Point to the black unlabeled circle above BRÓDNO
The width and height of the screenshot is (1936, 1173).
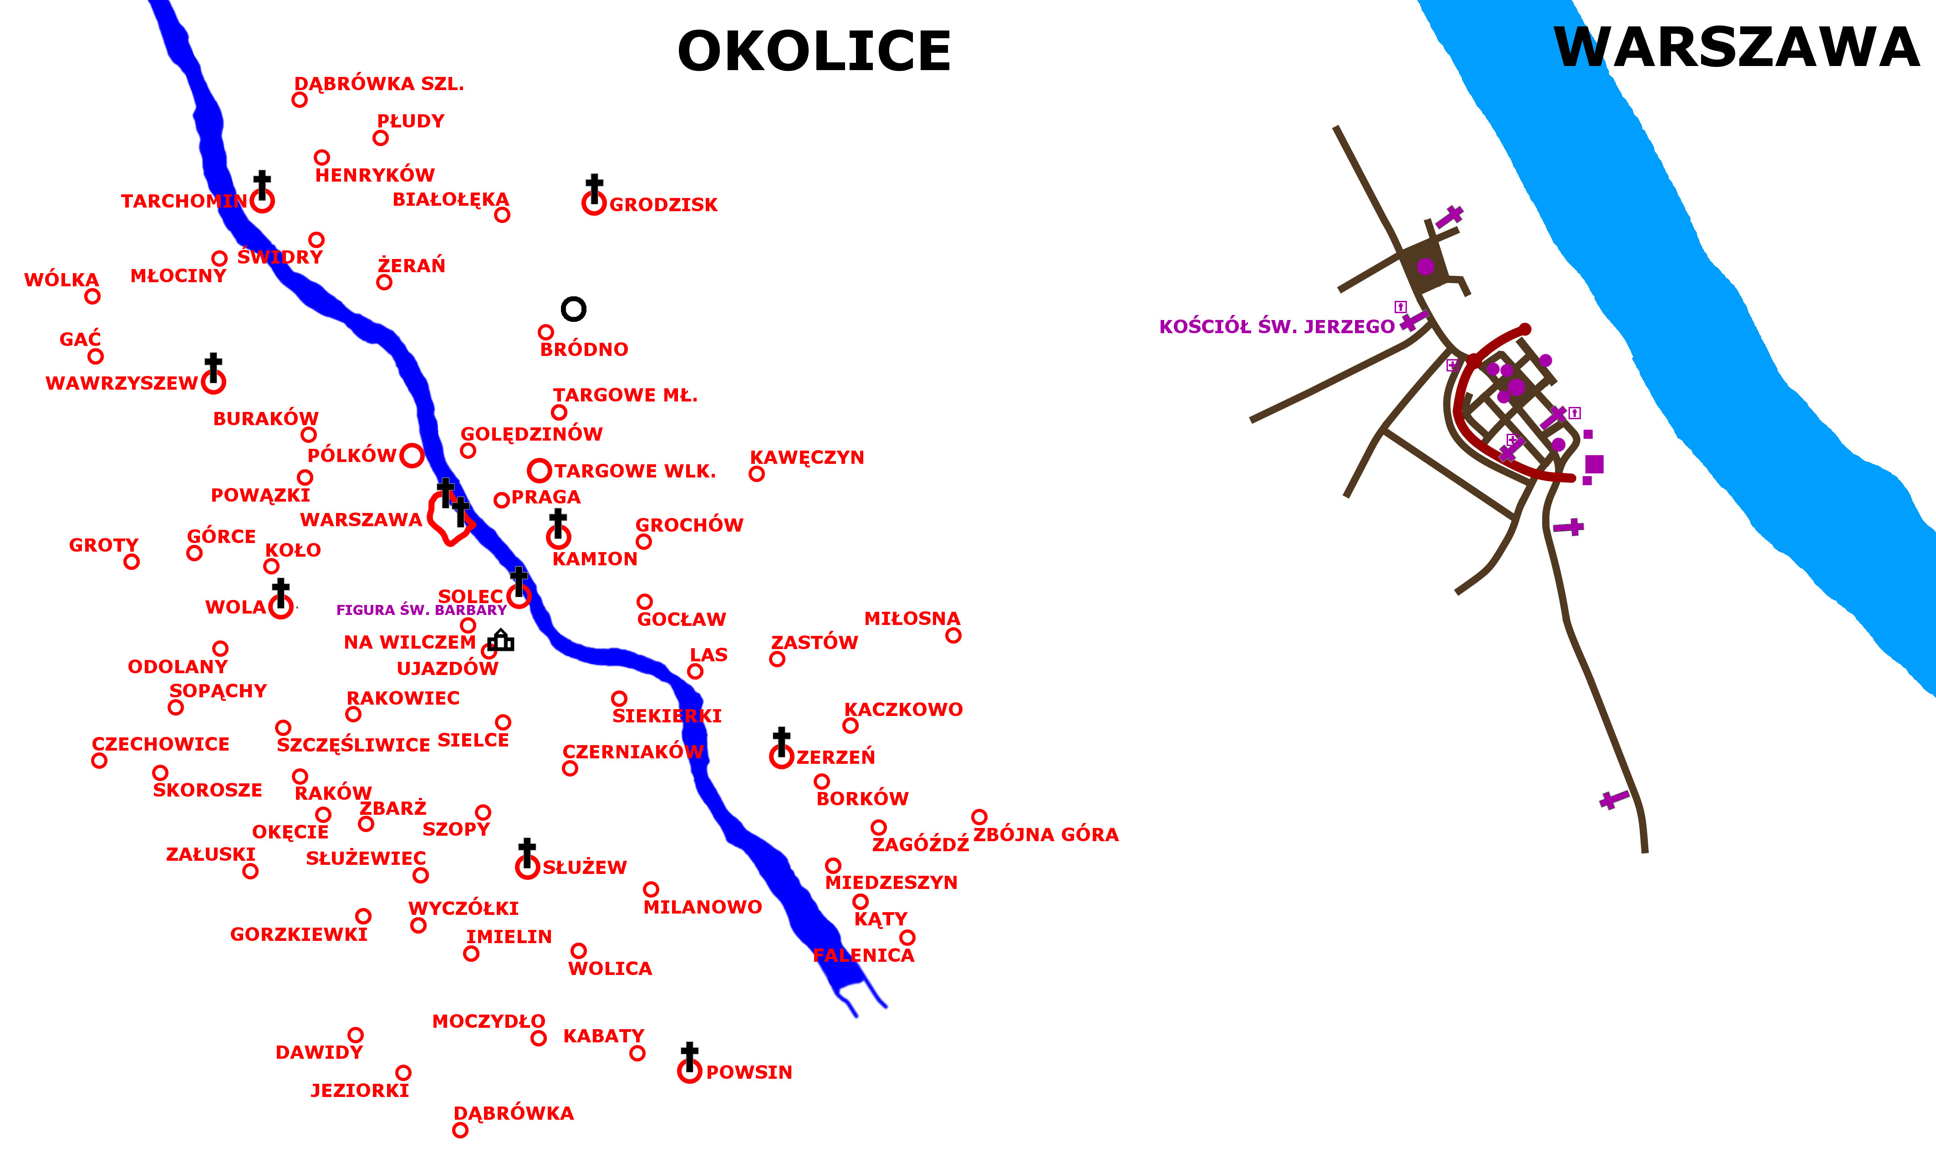point(574,309)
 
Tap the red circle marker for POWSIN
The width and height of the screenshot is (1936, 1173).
point(689,1071)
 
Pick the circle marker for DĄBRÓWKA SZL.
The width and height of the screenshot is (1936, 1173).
point(299,100)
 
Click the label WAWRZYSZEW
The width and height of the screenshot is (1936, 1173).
point(122,383)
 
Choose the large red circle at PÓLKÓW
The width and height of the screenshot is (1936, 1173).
point(412,455)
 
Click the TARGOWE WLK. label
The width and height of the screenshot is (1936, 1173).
point(635,472)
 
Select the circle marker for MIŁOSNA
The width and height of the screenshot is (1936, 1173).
point(953,635)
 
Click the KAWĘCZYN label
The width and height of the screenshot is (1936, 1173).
point(807,457)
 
